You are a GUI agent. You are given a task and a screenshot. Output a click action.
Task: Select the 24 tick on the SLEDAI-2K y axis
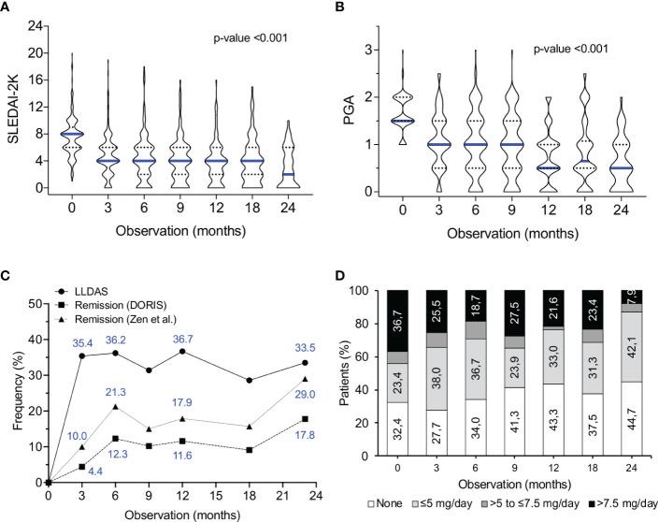[34, 25]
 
